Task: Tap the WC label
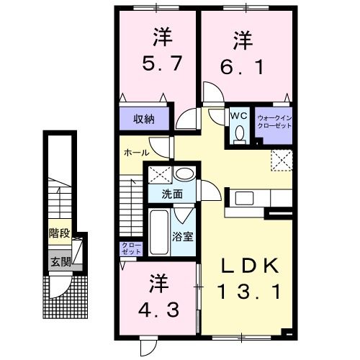point(239,114)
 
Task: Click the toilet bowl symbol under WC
point(240,134)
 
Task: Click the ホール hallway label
point(135,153)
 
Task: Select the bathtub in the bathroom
point(158,234)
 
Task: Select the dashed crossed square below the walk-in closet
point(280,159)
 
